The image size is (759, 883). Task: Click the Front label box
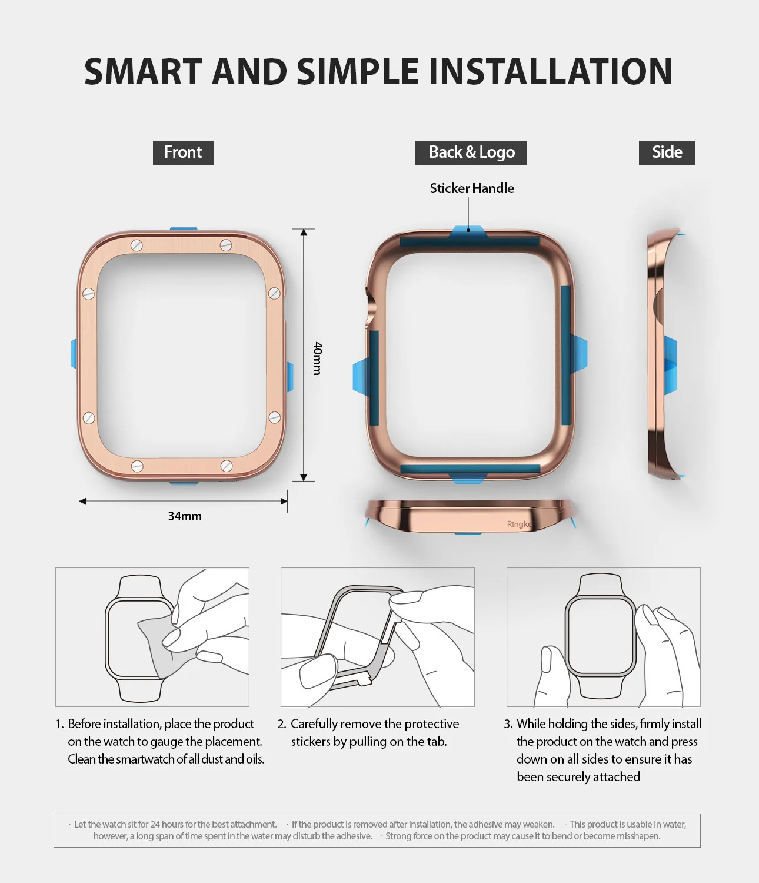click(x=183, y=152)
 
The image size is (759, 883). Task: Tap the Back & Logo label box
click(x=471, y=152)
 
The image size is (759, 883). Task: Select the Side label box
click(x=667, y=152)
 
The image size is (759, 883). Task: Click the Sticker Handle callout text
click(x=472, y=188)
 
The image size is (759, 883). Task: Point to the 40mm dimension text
click(x=317, y=358)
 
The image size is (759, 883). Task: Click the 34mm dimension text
click(x=185, y=516)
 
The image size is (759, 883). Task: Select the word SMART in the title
click(x=144, y=72)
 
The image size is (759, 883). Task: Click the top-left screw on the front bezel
click(x=137, y=245)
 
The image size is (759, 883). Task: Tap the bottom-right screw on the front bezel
click(x=227, y=466)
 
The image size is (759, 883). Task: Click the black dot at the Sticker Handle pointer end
click(x=468, y=230)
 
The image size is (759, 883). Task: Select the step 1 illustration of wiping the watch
click(x=152, y=637)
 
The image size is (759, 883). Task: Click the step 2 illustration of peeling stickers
click(x=378, y=637)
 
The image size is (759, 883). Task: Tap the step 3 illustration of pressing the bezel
click(x=603, y=637)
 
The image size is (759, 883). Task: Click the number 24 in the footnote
click(x=155, y=824)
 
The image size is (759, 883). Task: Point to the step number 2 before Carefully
click(x=282, y=724)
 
